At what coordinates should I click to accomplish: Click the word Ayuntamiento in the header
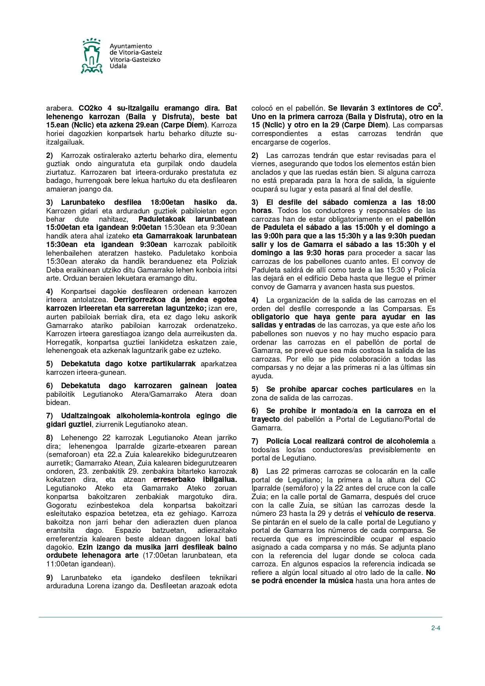point(131,46)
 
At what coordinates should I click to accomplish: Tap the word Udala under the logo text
point(118,66)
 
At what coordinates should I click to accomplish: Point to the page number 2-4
point(436,628)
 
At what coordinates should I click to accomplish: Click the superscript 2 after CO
point(440,105)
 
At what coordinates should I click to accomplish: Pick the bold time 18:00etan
point(167,202)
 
